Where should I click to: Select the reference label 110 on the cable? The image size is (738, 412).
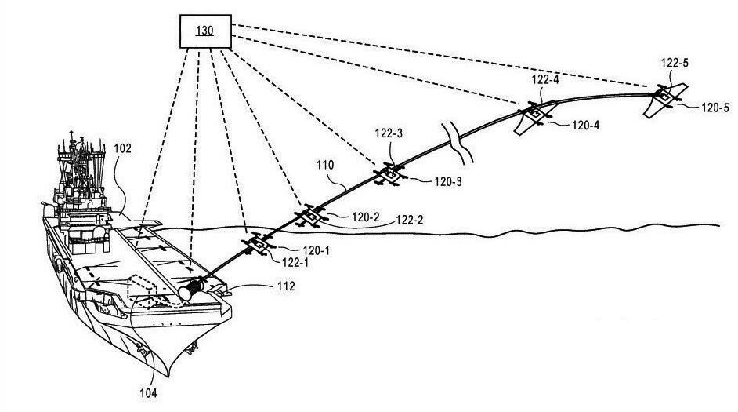coord(326,166)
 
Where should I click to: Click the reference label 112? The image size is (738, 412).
coord(285,287)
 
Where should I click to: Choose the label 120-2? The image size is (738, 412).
coord(364,216)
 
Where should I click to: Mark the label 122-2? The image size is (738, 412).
coord(410,220)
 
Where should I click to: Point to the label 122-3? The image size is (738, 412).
coord(389,134)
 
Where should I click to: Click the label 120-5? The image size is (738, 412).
coord(714,107)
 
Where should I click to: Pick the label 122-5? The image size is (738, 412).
coord(674,62)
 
